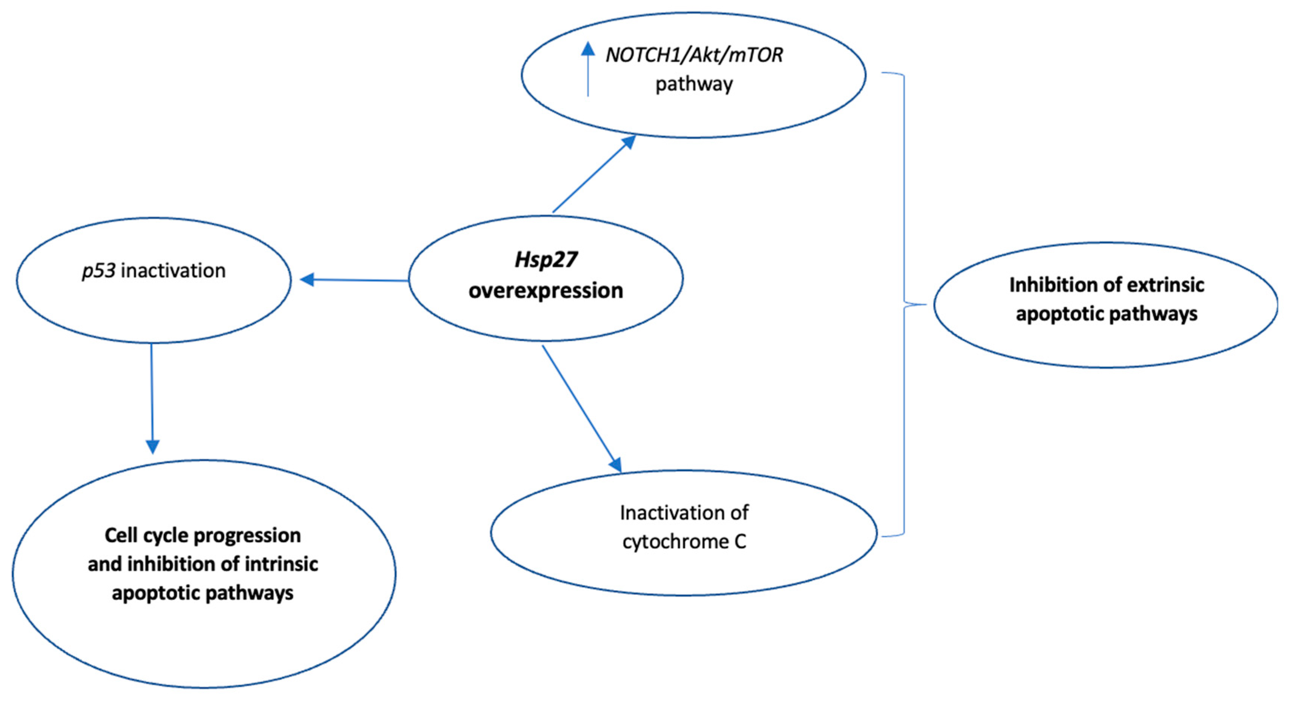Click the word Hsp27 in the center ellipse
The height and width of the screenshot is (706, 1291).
coord(546,260)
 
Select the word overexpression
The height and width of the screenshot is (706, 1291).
coord(546,291)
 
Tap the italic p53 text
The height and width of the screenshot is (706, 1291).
coord(99,271)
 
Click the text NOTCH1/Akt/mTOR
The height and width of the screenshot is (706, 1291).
coord(694,55)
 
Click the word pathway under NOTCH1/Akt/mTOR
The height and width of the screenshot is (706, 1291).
coord(694,84)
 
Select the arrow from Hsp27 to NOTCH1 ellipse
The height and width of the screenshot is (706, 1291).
coord(594,173)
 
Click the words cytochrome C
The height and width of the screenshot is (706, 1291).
coord(684,542)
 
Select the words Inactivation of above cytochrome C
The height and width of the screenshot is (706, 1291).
coord(684,513)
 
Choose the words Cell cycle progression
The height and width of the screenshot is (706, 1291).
coord(202,536)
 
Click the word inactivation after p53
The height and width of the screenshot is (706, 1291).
coord(173,271)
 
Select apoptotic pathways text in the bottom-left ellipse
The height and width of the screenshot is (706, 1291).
coord(202,593)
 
